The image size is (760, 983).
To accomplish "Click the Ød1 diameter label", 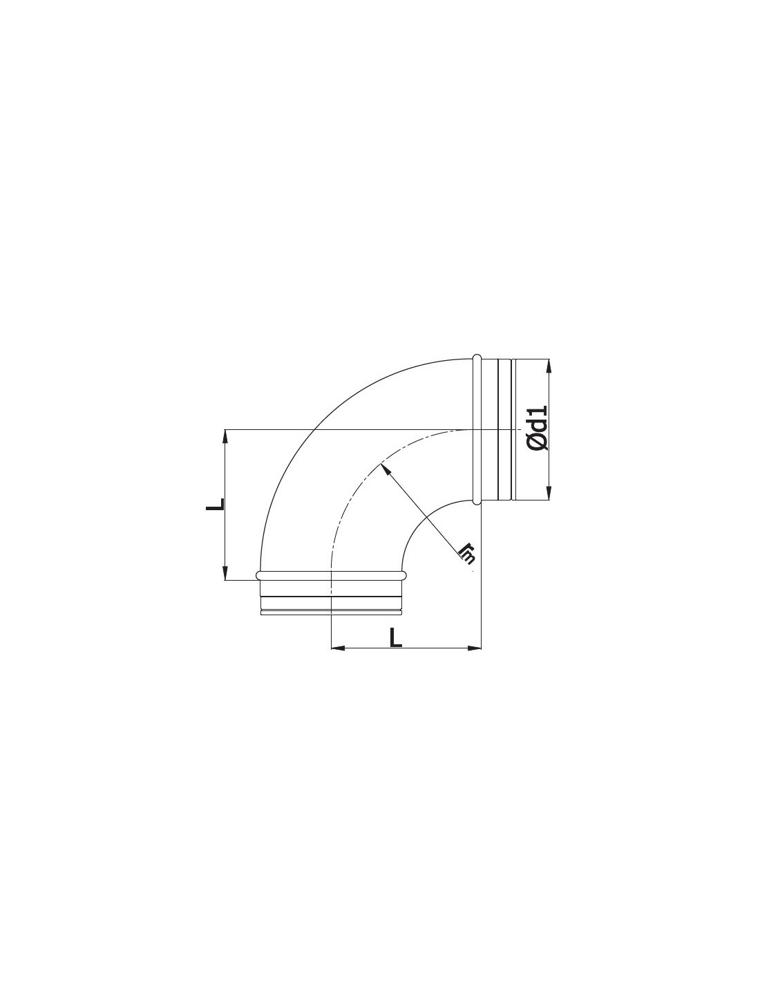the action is point(538,428).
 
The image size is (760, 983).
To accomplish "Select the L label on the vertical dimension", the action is point(215,505).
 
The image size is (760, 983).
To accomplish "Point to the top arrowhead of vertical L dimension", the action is point(225,436).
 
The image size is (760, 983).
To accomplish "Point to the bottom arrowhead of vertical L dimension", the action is point(225,572).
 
